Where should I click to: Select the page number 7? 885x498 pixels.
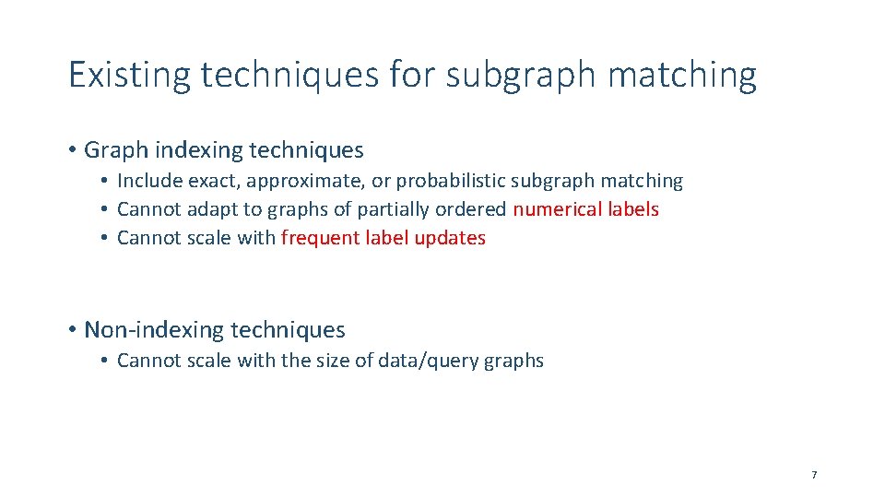[x=814, y=475]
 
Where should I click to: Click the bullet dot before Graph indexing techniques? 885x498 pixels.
[x=72, y=150]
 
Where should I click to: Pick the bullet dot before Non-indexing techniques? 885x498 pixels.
[x=72, y=330]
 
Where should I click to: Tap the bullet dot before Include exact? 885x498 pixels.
[x=106, y=182]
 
